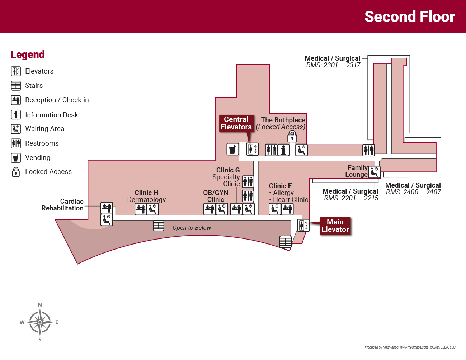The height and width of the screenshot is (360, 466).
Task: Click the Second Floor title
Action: point(410,17)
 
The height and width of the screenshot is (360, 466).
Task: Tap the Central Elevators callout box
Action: point(236,123)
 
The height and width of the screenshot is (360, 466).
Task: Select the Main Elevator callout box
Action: point(335,226)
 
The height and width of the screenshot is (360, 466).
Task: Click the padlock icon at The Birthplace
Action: point(292,136)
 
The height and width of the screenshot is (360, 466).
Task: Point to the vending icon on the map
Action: point(232,149)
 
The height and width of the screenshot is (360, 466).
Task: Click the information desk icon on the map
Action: point(283,150)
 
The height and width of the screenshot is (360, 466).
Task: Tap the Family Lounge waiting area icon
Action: point(374,172)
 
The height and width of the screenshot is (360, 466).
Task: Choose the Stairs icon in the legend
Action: point(16,86)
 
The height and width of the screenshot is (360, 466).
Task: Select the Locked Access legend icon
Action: point(16,172)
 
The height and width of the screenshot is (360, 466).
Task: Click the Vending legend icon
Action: point(16,158)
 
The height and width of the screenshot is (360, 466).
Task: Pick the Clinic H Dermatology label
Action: point(146,196)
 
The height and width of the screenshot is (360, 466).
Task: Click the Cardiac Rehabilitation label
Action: point(63,205)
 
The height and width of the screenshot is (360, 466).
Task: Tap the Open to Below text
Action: point(192,228)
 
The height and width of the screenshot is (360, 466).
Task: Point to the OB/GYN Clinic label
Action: point(216,196)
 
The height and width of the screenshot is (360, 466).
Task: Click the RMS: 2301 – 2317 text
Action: point(333,65)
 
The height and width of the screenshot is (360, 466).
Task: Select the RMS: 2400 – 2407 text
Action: point(413,192)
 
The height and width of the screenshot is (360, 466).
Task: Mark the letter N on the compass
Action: point(40,305)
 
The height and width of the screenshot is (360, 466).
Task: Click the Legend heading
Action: point(28,55)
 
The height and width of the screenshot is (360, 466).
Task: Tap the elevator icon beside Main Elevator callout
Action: point(303,226)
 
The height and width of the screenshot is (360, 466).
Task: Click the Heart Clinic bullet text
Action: point(290,200)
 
